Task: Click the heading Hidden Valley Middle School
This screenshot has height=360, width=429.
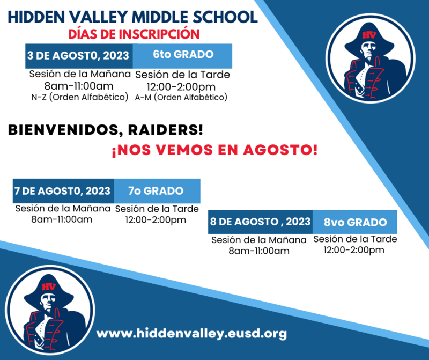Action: click(132, 16)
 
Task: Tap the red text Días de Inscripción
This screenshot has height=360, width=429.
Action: click(134, 34)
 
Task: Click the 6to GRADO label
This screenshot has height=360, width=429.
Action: click(183, 55)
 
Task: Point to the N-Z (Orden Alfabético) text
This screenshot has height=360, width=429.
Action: click(80, 97)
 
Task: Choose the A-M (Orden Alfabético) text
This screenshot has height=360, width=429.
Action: click(181, 97)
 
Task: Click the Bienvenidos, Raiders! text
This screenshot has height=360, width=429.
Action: click(106, 130)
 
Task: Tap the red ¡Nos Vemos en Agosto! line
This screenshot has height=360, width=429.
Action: click(214, 149)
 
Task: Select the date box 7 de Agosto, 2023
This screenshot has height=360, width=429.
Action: click(63, 191)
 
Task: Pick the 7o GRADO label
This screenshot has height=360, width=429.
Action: click(156, 191)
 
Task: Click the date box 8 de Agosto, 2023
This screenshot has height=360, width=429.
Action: click(261, 222)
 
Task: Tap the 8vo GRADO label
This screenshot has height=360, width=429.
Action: click(355, 222)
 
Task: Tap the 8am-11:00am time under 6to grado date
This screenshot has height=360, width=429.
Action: click(79, 86)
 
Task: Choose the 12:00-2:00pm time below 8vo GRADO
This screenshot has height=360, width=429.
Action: click(354, 249)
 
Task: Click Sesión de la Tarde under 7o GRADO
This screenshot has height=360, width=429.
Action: click(157, 209)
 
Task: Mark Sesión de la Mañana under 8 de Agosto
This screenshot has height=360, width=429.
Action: click(259, 240)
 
